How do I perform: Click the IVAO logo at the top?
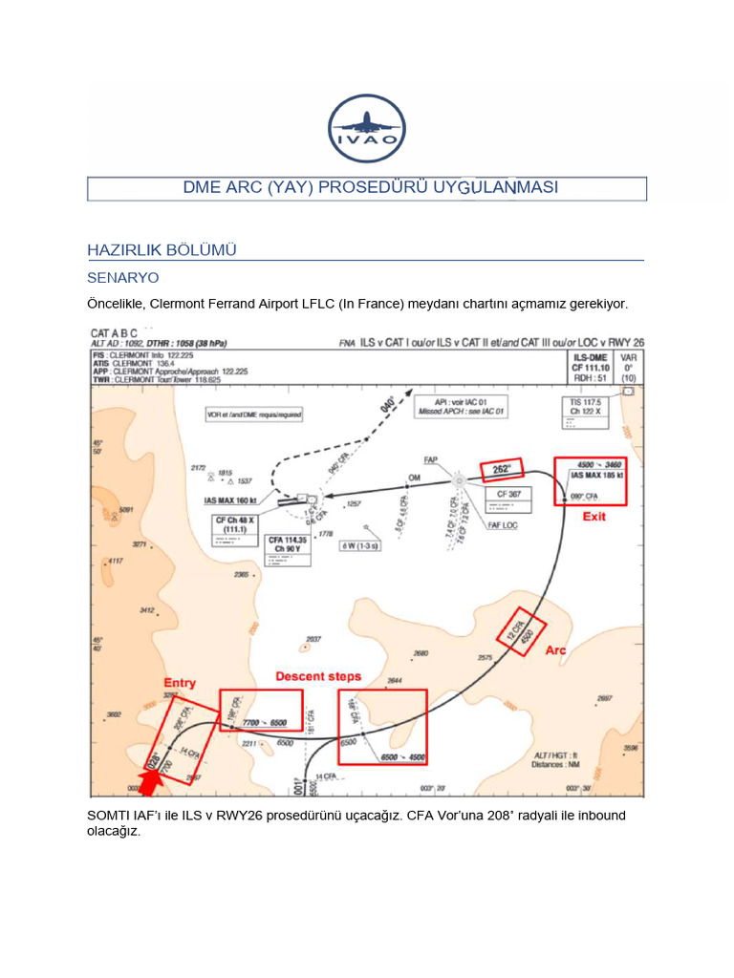[x=366, y=129]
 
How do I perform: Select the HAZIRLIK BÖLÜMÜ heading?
[x=162, y=250]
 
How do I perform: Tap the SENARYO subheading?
[x=122, y=278]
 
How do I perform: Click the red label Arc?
[x=556, y=649]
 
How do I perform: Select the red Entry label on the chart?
[x=180, y=682]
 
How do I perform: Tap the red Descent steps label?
[x=318, y=676]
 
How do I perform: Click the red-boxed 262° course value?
[x=501, y=468]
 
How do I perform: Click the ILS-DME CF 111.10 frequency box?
[x=590, y=366]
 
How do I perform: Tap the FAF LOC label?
[x=503, y=525]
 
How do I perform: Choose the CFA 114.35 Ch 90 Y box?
[x=288, y=544]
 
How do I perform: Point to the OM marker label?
[x=414, y=477]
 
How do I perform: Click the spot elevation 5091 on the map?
[x=126, y=511]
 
